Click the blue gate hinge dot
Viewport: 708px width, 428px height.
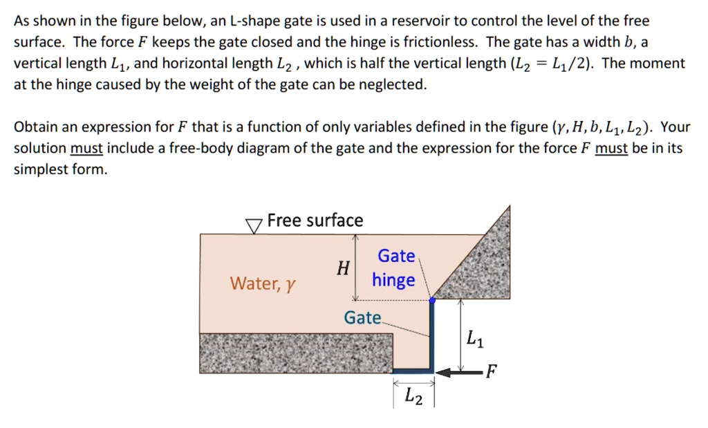pyautogui.click(x=433, y=301)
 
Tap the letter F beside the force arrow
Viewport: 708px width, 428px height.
pyautogui.click(x=490, y=372)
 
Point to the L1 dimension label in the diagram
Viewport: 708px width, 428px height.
pyautogui.click(x=475, y=339)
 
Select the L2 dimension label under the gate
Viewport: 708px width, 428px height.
pyautogui.click(x=413, y=396)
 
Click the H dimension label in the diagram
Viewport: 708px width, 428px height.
pyautogui.click(x=342, y=268)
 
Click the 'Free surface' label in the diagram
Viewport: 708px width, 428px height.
pyautogui.click(x=315, y=221)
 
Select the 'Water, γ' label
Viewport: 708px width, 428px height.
pyautogui.click(x=263, y=283)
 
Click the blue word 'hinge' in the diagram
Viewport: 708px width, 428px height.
pyautogui.click(x=393, y=280)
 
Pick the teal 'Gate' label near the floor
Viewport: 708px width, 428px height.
pyautogui.click(x=362, y=318)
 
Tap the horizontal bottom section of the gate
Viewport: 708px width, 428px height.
pyautogui.click(x=413, y=371)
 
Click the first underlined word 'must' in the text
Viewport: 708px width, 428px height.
pyautogui.click(x=86, y=149)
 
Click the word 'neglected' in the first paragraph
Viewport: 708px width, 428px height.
pyautogui.click(x=394, y=85)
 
